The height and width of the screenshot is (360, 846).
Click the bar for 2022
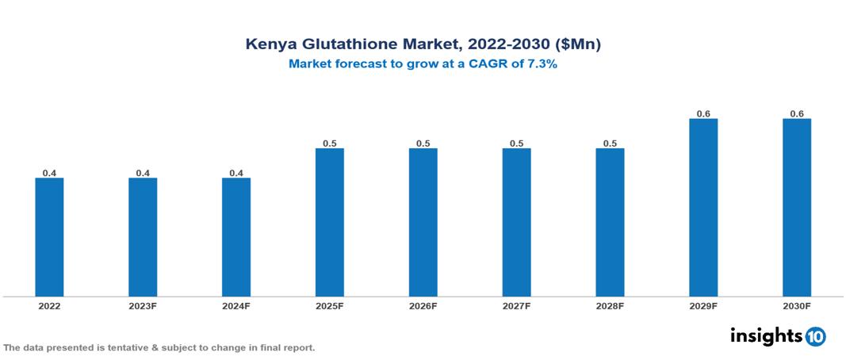pos(49,237)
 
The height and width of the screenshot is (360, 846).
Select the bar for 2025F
pos(329,222)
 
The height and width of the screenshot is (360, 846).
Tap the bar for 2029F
pos(703,208)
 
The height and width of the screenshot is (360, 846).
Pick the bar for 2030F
pos(796,208)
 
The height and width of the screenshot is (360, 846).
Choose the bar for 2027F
pos(516,222)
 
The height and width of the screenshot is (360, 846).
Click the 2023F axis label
pos(143,305)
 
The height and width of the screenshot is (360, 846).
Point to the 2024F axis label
pos(236,305)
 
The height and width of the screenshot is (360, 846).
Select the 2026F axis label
pos(423,305)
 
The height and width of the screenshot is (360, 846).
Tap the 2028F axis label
pos(610,305)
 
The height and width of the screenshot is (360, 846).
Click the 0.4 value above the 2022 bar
pos(49,173)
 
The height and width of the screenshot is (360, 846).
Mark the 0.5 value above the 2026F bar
pos(423,144)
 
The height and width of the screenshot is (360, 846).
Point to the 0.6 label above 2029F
pos(703,114)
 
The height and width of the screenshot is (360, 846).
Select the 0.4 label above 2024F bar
pos(236,173)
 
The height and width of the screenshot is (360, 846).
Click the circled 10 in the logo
pos(815,336)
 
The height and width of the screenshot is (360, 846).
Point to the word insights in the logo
pos(765,335)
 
